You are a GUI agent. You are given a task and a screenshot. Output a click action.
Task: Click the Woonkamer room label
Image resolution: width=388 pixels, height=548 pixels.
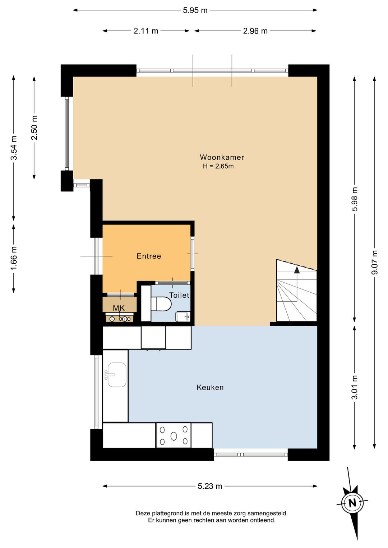tap(222, 157)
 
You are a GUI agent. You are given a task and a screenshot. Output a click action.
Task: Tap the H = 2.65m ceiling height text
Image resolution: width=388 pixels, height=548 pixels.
tap(218, 166)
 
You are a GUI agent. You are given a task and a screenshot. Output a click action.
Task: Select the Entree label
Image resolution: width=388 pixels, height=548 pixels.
tap(149, 256)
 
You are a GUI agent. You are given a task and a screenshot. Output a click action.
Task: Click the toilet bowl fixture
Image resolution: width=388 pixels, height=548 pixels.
tap(161, 304)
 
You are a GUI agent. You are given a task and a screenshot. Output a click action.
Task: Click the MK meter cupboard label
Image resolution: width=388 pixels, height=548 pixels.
tap(119, 308)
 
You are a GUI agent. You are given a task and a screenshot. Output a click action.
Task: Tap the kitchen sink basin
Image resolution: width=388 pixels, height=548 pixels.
tap(117, 375)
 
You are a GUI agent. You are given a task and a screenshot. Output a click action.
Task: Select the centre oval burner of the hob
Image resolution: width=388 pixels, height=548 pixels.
tap(174, 436)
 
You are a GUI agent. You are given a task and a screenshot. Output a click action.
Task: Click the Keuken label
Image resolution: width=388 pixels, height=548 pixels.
tap(210, 387)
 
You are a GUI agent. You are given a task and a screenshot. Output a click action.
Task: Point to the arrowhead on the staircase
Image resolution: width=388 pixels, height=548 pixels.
tap(297, 270)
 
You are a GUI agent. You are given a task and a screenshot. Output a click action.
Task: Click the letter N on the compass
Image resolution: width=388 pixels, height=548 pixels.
tap(352, 503)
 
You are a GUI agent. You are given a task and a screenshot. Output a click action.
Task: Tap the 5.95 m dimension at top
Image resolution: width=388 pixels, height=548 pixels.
tap(195, 10)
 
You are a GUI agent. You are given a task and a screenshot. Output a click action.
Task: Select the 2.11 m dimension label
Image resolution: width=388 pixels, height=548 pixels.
tap(146, 31)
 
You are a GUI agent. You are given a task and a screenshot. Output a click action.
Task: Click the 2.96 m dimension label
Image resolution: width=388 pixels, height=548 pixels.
tap(255, 31)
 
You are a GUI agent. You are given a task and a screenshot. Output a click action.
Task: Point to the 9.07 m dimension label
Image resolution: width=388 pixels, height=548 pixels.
tap(374, 262)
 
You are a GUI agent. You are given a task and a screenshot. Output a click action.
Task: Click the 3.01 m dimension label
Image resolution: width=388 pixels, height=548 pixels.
tap(355, 387)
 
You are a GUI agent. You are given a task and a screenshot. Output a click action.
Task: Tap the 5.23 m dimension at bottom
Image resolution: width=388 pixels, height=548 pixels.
tap(210, 486)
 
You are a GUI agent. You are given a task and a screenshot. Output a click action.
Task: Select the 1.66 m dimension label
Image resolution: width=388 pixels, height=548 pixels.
tap(14, 258)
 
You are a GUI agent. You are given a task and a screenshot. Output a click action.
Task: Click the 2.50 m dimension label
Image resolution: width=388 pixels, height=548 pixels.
tap(34, 128)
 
